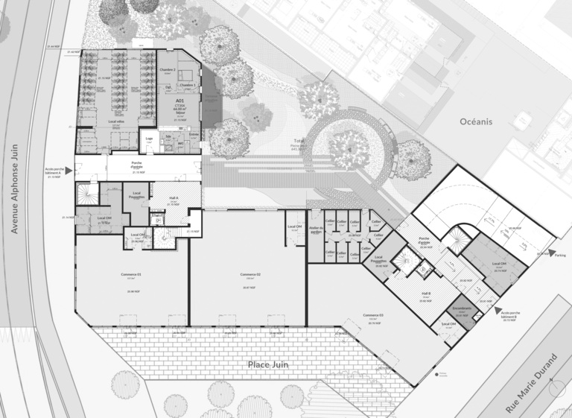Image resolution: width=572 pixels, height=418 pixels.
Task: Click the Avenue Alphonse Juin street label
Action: click(13, 189)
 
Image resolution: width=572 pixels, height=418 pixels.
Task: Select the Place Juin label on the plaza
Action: click(270, 364)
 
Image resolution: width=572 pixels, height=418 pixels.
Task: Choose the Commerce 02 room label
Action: click(250, 275)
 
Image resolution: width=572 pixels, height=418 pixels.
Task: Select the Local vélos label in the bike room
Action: click(115, 121)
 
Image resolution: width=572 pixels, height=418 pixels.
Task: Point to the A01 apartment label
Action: click(179, 100)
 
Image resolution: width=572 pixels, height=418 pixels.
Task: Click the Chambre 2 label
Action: click(167, 69)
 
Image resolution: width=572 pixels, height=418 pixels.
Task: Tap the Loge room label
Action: click(149, 138)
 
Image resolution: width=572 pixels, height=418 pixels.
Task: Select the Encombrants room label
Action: click(462, 310)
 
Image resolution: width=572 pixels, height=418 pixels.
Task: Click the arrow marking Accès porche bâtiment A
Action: click(69, 171)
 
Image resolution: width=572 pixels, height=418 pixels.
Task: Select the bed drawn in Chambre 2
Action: click(187, 73)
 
